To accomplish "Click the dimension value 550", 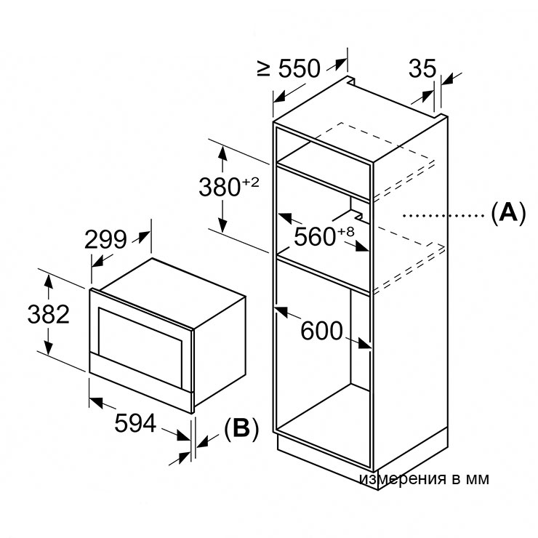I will [x=298, y=68].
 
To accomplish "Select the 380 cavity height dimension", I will [x=220, y=187].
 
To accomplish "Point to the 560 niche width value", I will [x=316, y=236].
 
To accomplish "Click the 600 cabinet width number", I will [x=321, y=332].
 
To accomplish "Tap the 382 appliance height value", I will [x=48, y=314].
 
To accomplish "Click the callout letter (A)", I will [x=507, y=214].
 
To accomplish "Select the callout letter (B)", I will [x=241, y=429].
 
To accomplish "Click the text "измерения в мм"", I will [x=424, y=478].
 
